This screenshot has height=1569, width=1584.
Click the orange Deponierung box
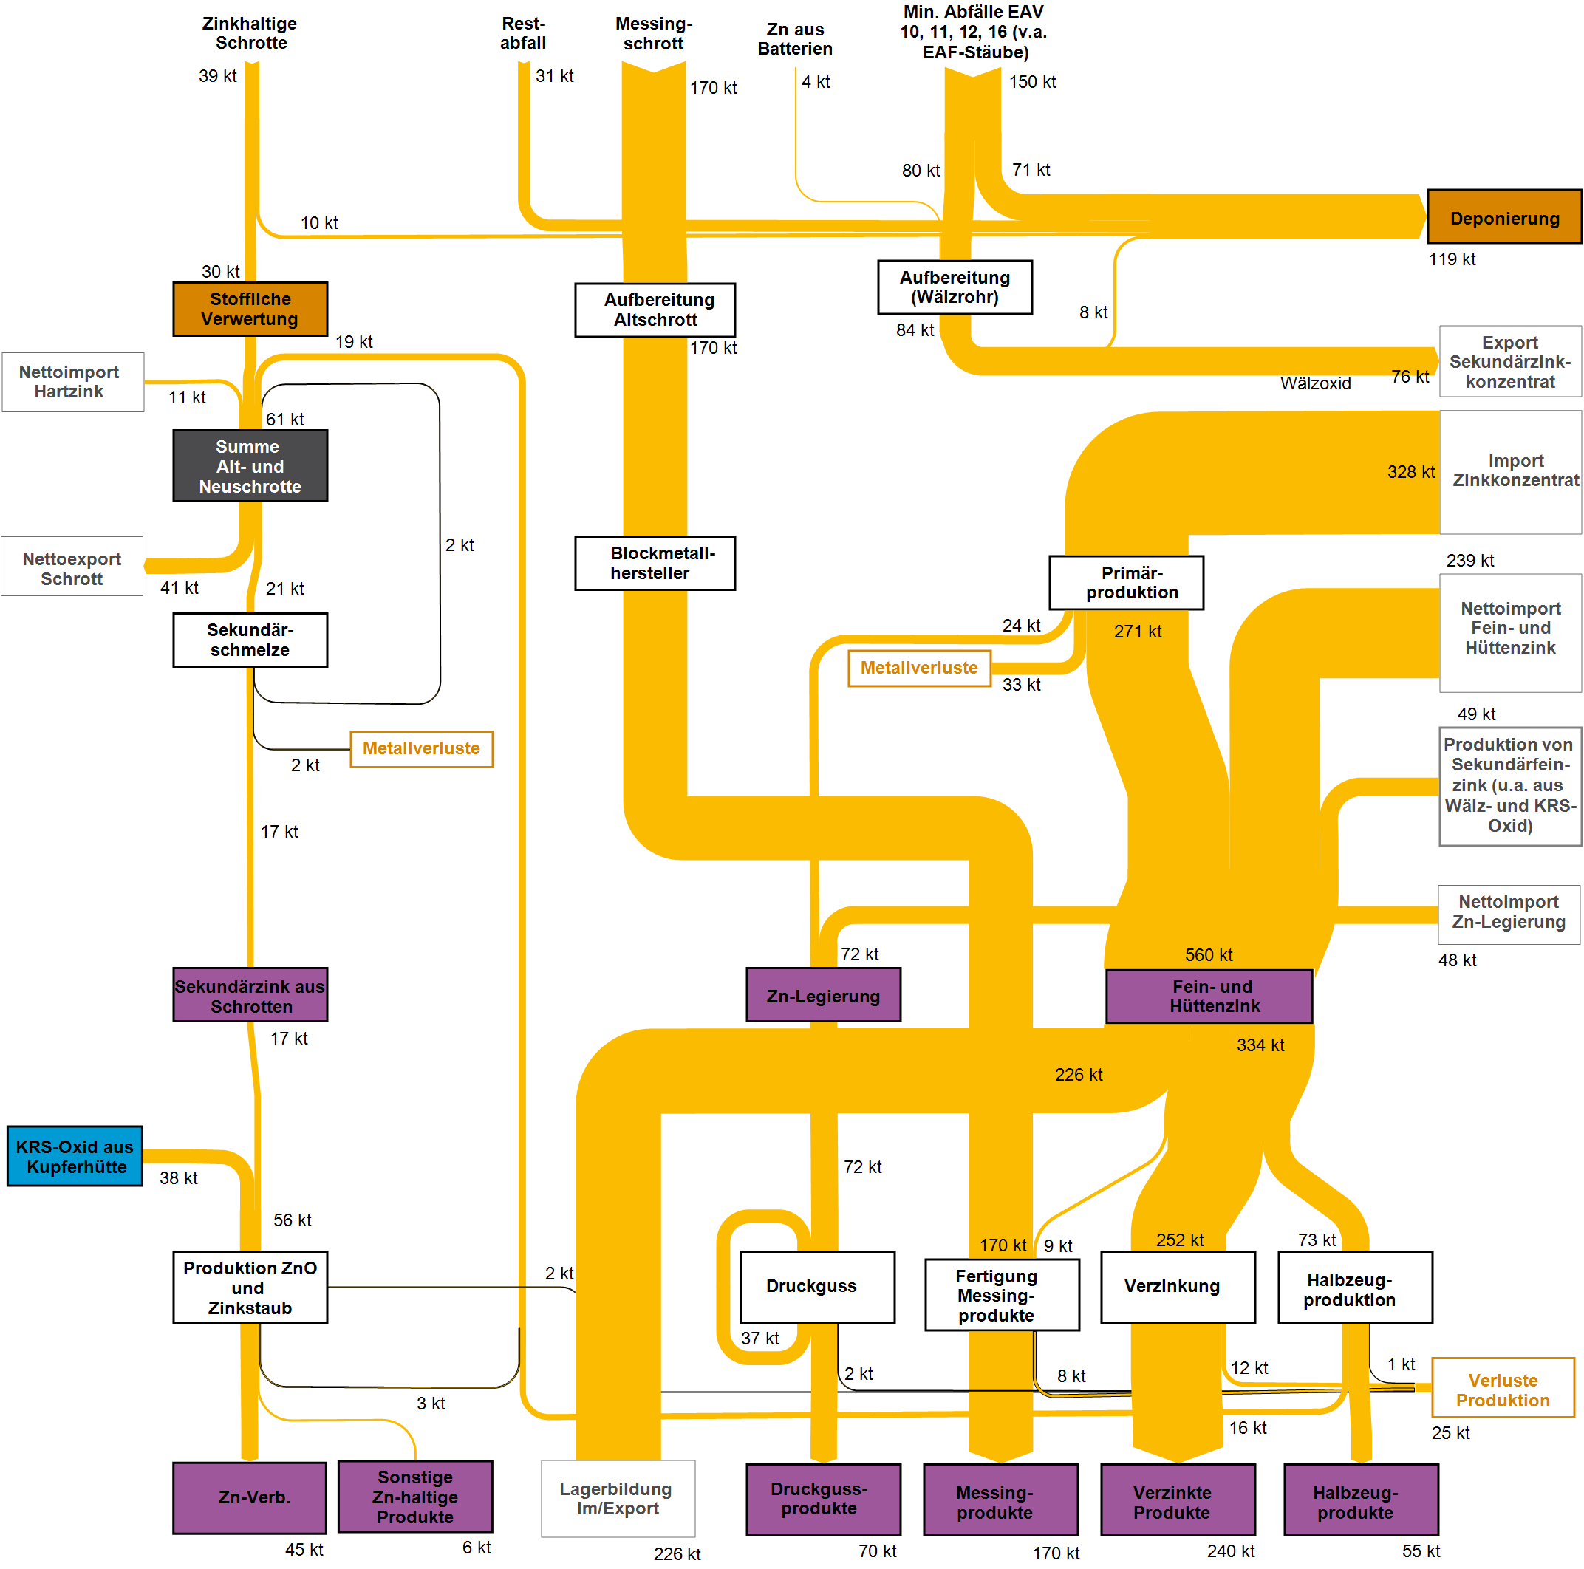(1503, 217)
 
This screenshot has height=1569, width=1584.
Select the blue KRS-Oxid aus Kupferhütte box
(75, 1156)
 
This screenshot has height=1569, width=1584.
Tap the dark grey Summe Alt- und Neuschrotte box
(250, 465)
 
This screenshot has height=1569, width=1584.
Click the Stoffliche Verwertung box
(250, 309)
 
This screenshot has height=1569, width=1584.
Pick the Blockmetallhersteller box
(655, 563)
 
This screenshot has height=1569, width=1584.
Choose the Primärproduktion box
(1126, 583)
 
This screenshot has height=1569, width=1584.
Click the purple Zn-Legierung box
(823, 995)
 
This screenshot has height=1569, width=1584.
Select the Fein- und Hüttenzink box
(1209, 996)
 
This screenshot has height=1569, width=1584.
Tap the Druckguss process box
(816, 1285)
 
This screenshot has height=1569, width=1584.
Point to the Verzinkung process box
(1178, 1285)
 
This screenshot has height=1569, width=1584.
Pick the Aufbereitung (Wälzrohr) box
(955, 287)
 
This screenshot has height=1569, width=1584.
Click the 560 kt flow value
(1209, 955)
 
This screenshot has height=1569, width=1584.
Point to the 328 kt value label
(1410, 472)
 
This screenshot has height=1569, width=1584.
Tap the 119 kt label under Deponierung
(1451, 260)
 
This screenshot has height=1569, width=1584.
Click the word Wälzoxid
(1315, 383)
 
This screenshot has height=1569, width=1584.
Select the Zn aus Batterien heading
(794, 39)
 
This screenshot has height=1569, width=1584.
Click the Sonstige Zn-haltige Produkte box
(415, 1496)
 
